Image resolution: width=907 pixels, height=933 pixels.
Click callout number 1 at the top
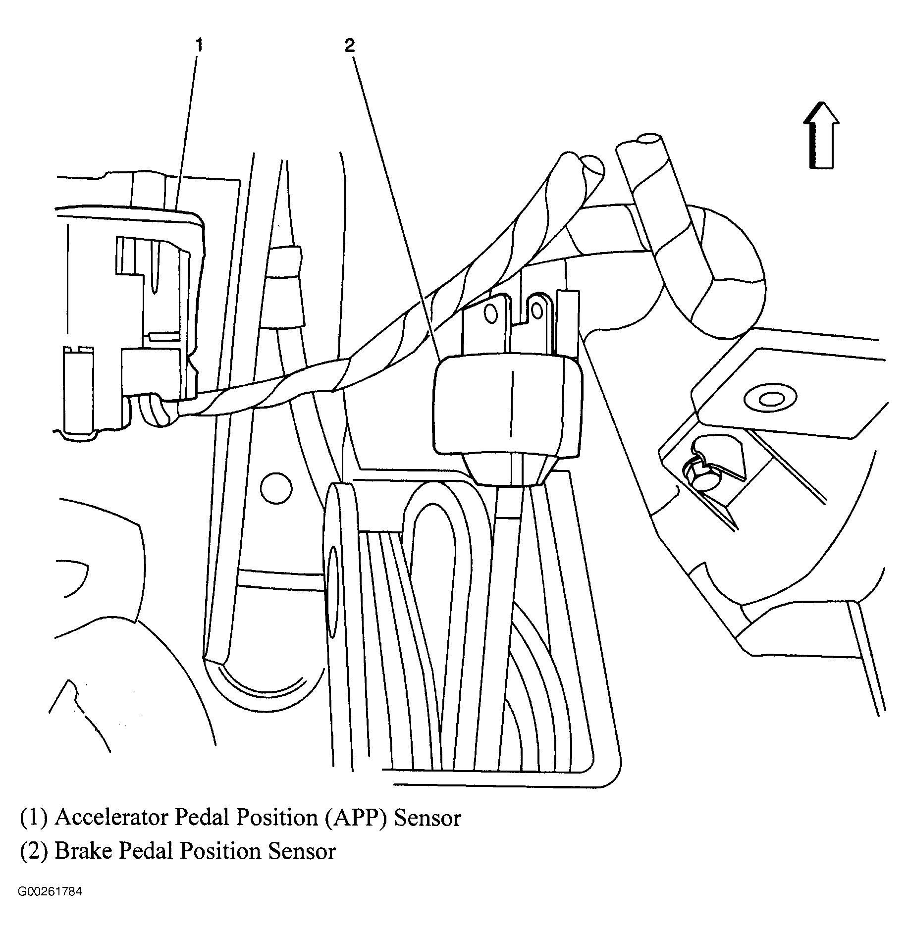pyautogui.click(x=198, y=46)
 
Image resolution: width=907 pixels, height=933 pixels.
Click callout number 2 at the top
pyautogui.click(x=350, y=46)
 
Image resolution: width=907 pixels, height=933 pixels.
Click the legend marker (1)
pyautogui.click(x=34, y=818)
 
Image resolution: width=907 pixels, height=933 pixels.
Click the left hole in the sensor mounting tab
pyautogui.click(x=491, y=313)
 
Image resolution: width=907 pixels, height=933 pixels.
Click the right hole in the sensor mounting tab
pyautogui.click(x=536, y=311)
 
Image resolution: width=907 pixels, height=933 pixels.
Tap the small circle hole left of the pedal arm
pyautogui.click(x=275, y=488)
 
